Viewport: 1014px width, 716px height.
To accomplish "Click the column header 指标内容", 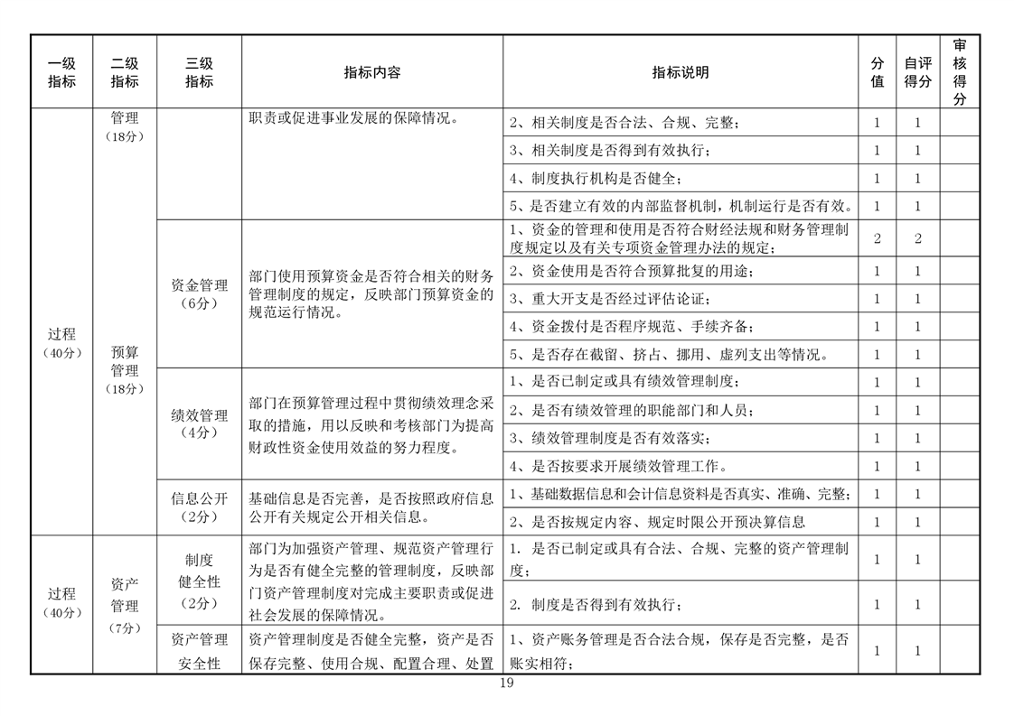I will [x=372, y=73].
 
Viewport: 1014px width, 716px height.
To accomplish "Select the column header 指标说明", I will [x=681, y=73].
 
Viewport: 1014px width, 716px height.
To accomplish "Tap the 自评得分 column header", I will [x=917, y=73].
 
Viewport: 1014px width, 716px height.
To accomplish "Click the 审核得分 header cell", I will [x=959, y=73].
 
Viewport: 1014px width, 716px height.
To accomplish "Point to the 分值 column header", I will [x=877, y=73].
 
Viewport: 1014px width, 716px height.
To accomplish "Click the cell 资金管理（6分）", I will [x=199, y=294].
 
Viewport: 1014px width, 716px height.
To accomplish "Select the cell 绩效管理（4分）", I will [x=199, y=423].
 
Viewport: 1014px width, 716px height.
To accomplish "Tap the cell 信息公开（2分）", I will [x=199, y=507].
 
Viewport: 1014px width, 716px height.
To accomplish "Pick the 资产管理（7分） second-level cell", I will [x=124, y=605].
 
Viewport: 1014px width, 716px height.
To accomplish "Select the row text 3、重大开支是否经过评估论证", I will [x=610, y=299].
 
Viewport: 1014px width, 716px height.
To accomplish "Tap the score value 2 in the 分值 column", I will [x=877, y=238].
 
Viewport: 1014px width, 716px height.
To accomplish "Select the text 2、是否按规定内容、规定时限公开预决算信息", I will [x=657, y=522].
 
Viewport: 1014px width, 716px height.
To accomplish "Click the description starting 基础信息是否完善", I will [x=371, y=507].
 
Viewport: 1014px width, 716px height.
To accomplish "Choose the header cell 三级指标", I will [x=199, y=73].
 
